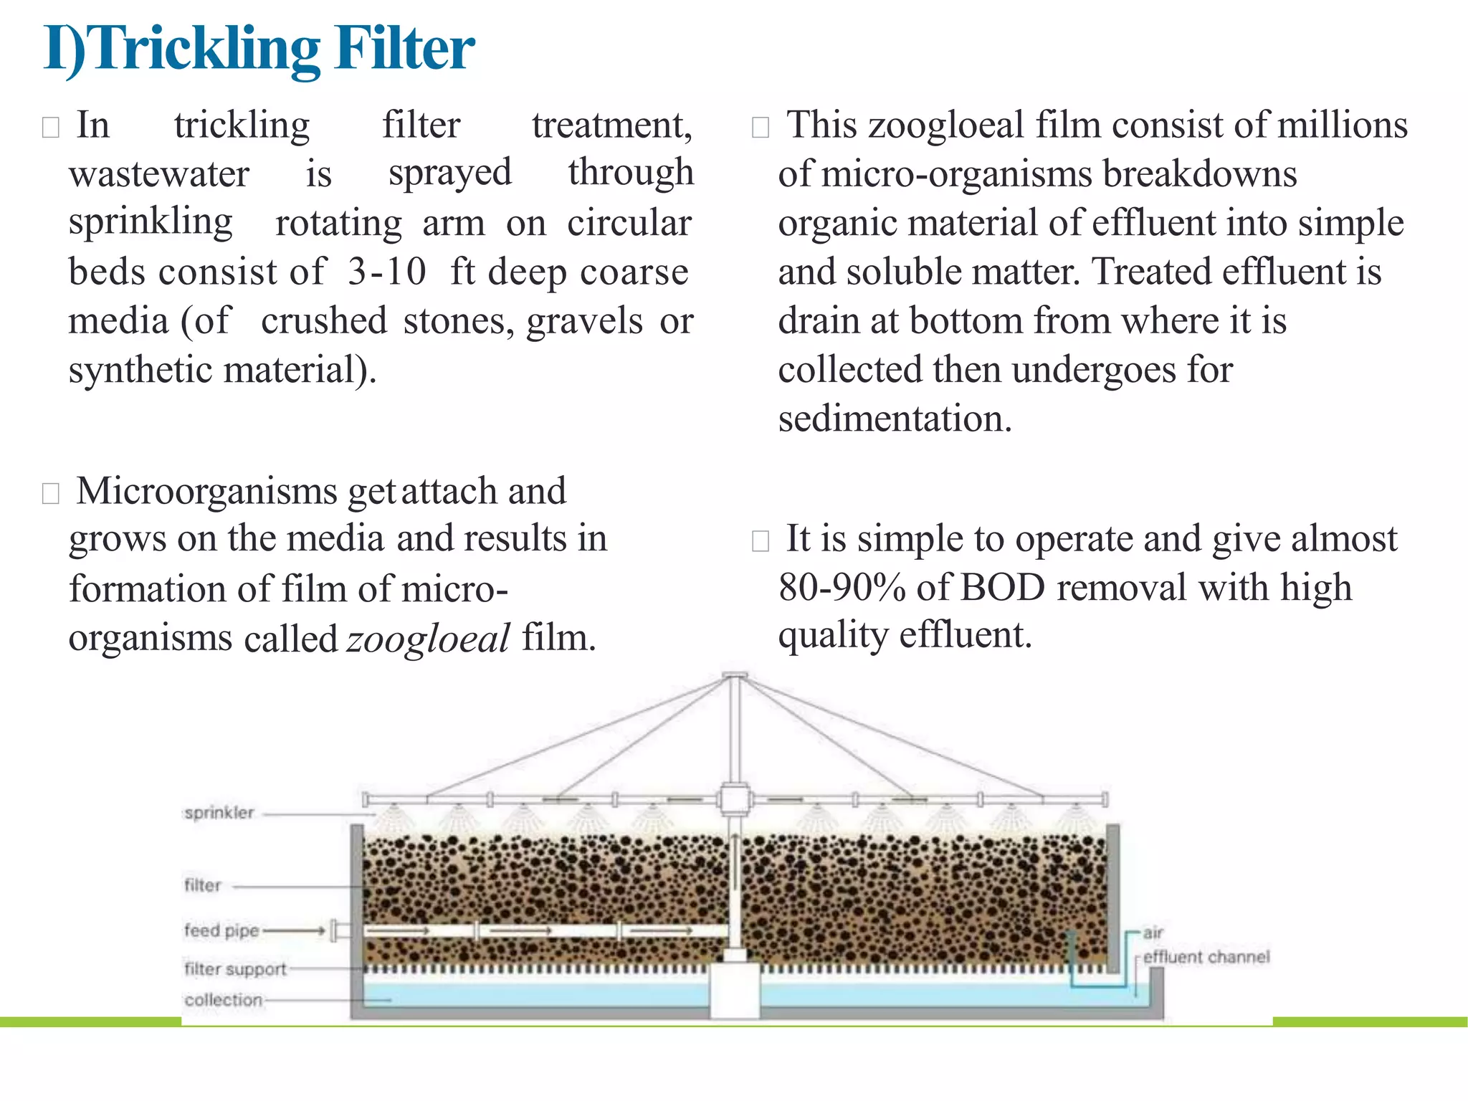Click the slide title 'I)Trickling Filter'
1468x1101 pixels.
(259, 49)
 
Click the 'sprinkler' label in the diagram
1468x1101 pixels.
(219, 813)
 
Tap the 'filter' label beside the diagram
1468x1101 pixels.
(203, 885)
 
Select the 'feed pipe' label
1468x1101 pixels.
(221, 930)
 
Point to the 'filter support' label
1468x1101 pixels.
(235, 969)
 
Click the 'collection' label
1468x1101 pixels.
(223, 1000)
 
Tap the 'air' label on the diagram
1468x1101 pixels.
(1153, 933)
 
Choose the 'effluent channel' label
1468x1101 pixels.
(1206, 957)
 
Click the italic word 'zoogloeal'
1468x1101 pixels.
(428, 638)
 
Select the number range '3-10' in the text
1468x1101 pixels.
(387, 272)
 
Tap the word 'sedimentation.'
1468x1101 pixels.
(895, 419)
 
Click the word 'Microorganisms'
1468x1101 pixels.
(206, 492)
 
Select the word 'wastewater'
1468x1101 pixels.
(159, 174)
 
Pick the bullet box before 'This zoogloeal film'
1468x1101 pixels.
(760, 128)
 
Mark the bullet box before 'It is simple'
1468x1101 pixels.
(760, 541)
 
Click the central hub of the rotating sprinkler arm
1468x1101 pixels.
(735, 799)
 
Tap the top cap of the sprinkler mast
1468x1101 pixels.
(735, 675)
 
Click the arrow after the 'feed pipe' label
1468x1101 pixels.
(295, 931)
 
